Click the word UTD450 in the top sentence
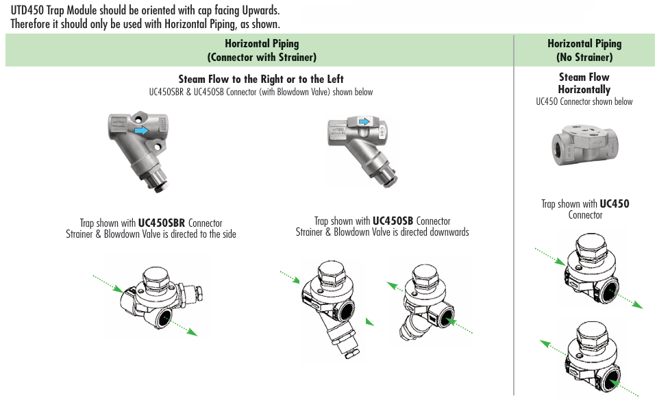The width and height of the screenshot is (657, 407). [28, 11]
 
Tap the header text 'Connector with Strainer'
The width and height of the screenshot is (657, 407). [262, 58]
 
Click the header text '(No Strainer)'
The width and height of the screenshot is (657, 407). [584, 58]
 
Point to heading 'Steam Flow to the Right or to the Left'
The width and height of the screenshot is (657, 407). [261, 79]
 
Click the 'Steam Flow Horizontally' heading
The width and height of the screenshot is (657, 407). [584, 84]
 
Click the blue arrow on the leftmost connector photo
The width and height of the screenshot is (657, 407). [142, 129]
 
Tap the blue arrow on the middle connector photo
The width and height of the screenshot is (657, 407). [364, 122]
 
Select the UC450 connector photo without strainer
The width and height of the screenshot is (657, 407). [584, 145]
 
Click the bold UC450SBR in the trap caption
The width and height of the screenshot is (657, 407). [162, 223]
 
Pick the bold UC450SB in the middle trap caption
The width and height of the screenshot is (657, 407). [393, 221]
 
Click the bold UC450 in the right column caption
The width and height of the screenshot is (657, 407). [615, 203]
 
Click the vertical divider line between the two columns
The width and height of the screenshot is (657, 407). [514, 219]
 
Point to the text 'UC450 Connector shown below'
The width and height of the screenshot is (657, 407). [584, 101]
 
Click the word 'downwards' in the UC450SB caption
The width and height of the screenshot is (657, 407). [448, 232]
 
